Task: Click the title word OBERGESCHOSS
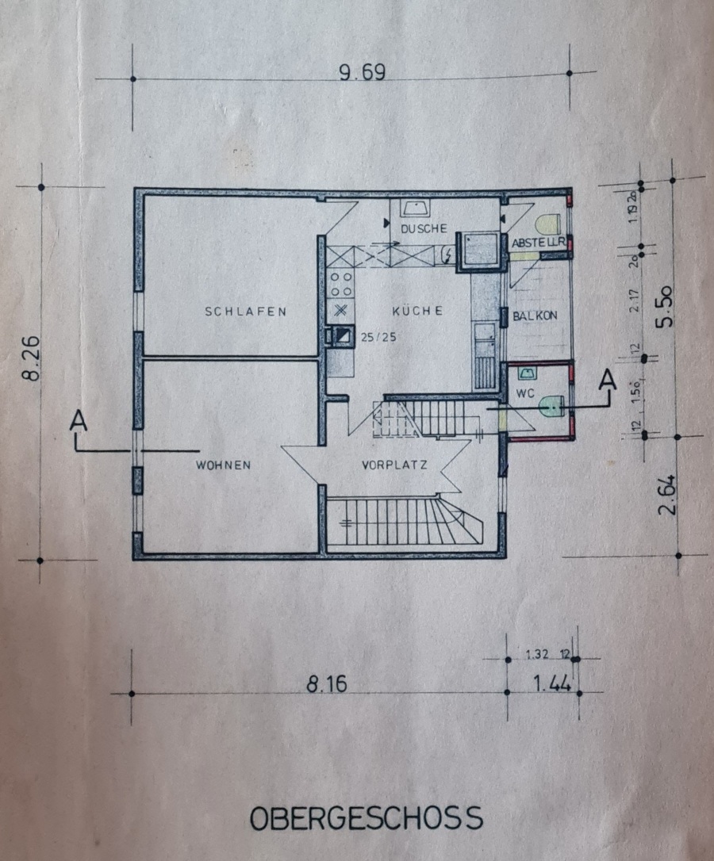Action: pos(366,817)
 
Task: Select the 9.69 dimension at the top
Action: pos(361,73)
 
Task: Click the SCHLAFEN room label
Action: pos(245,312)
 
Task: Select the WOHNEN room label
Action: pos(223,465)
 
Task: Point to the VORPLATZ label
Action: pos(394,465)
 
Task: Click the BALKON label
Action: pos(535,315)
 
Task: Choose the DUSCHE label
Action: pos(424,229)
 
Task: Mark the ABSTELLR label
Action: pos(537,242)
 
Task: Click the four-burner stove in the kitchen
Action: pos(341,282)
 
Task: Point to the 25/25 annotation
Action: pos(378,336)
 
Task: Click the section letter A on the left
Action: pos(78,420)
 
